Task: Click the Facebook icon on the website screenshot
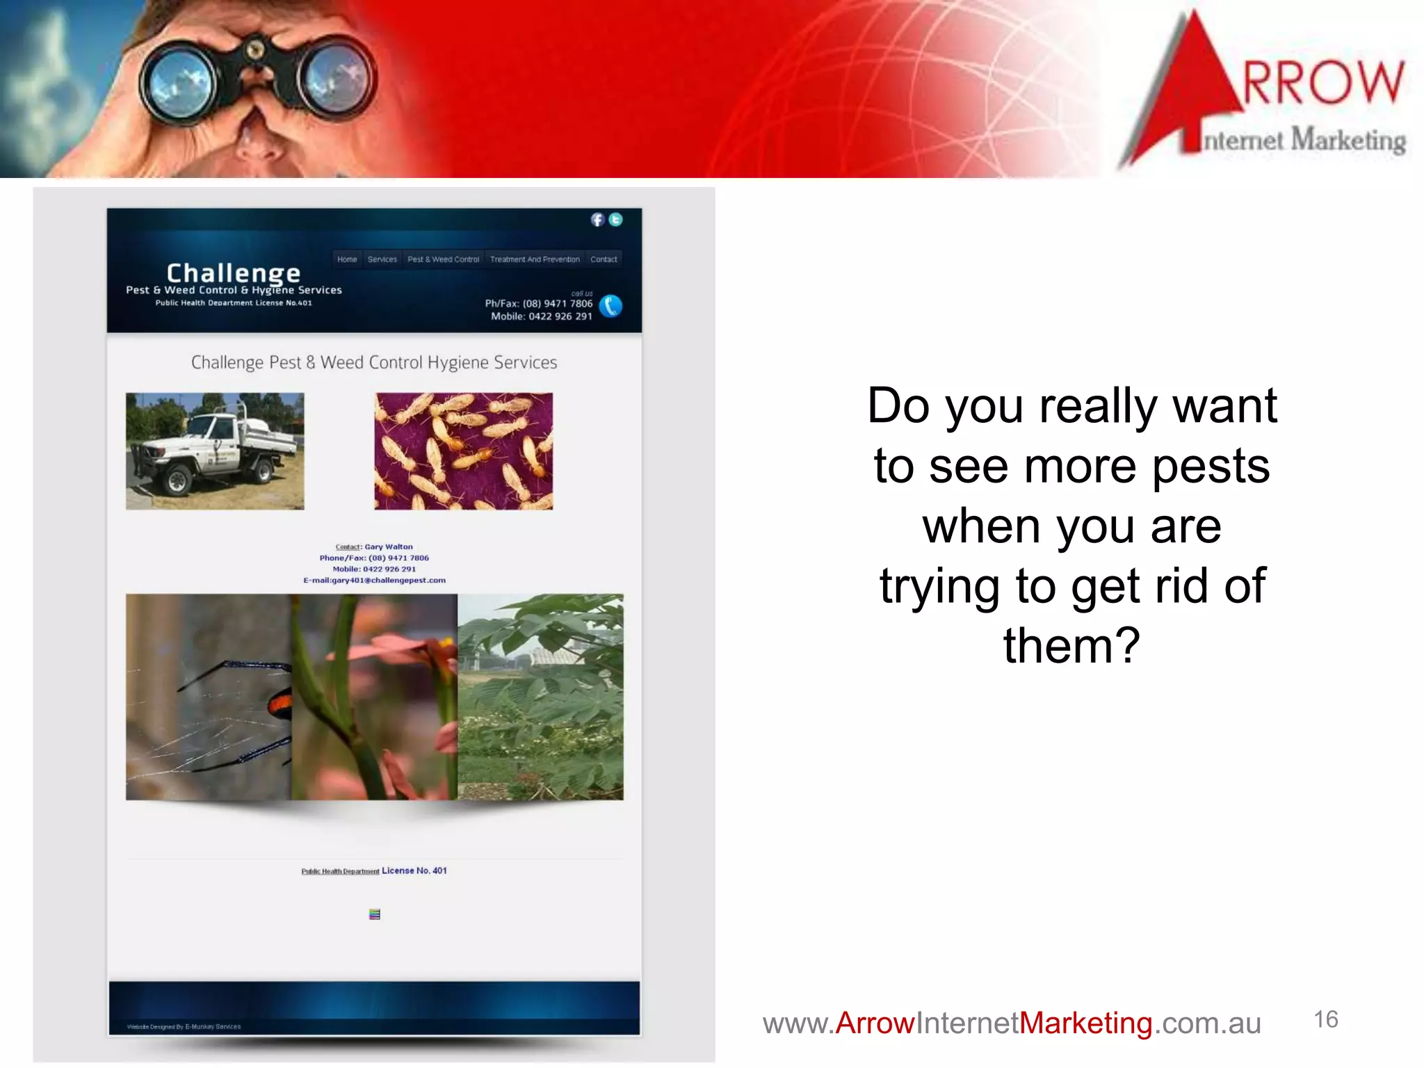click(597, 220)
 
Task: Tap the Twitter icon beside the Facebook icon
click(615, 220)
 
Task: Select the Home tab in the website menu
click(347, 259)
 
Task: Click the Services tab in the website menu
click(382, 259)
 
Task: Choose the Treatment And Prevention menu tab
click(534, 259)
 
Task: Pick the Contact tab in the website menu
click(604, 259)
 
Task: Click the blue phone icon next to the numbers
click(610, 306)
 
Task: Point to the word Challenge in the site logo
click(233, 273)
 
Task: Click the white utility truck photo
click(215, 451)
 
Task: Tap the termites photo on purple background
click(464, 451)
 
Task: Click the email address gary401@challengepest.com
click(374, 580)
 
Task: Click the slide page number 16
click(1325, 1019)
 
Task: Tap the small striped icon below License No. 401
click(375, 914)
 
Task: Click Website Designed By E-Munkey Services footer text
click(184, 1026)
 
